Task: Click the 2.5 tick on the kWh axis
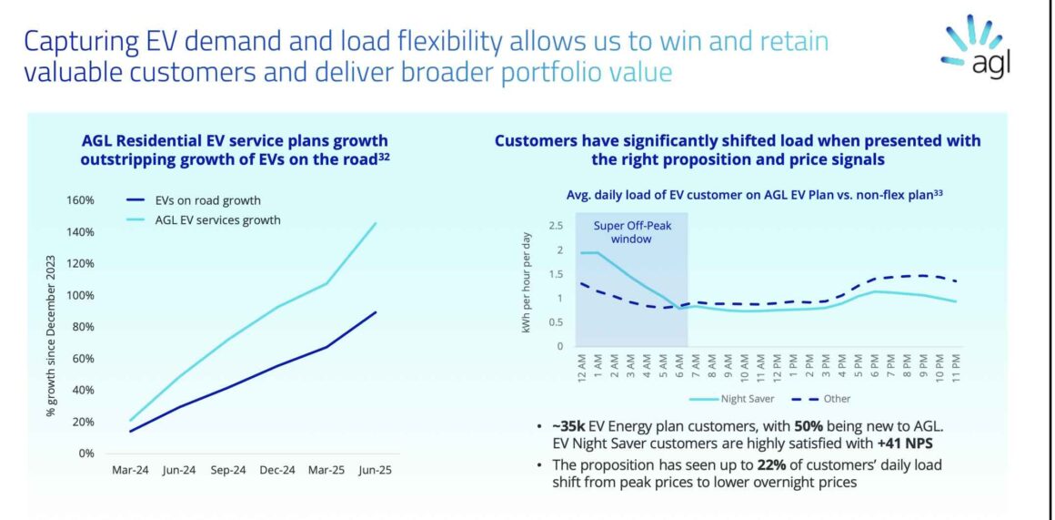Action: pyautogui.click(x=555, y=225)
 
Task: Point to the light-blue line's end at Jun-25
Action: pyautogui.click(x=376, y=223)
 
